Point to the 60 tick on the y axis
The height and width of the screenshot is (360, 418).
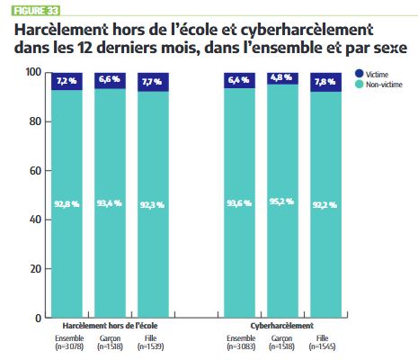tap(35, 170)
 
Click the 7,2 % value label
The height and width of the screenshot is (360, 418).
tap(68, 81)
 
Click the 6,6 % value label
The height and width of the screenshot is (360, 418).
tap(109, 80)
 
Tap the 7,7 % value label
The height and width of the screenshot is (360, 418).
tap(150, 81)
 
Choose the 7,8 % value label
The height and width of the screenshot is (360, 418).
tap(325, 82)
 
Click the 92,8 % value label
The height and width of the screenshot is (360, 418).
tap(68, 203)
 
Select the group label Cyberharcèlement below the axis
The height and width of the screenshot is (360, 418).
tap(283, 326)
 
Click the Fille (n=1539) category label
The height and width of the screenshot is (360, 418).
tap(150, 342)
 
